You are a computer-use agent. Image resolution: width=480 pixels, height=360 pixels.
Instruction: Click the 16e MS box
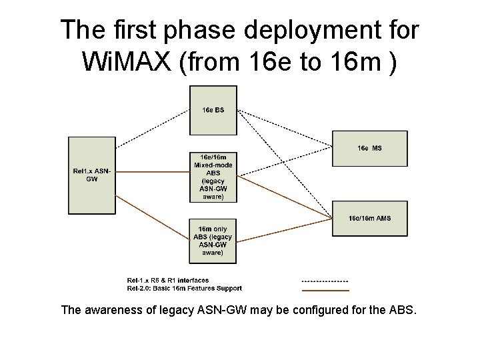[370, 148]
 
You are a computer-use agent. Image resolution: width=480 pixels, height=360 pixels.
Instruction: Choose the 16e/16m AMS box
[370, 218]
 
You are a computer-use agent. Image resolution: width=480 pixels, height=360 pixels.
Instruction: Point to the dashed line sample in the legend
[325, 281]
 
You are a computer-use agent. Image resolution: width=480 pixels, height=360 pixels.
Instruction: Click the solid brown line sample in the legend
[325, 290]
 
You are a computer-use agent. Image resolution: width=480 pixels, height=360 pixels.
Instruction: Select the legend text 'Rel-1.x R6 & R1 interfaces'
[168, 280]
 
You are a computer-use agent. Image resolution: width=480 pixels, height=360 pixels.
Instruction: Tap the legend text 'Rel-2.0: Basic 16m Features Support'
[185, 289]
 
